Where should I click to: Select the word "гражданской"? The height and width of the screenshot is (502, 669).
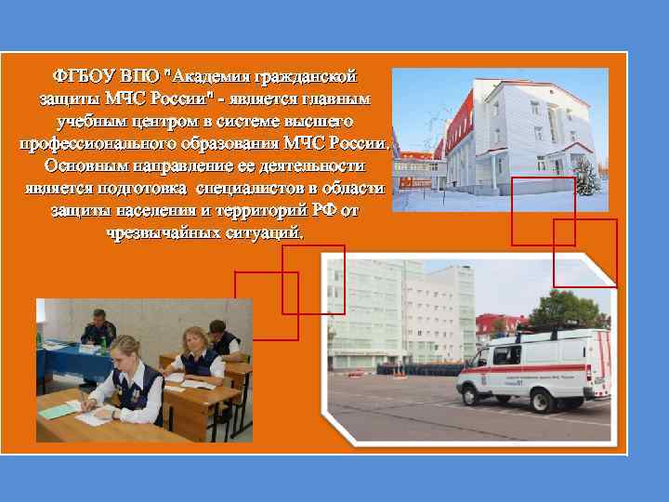point(313,75)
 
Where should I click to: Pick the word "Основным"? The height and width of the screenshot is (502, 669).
point(86,166)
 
